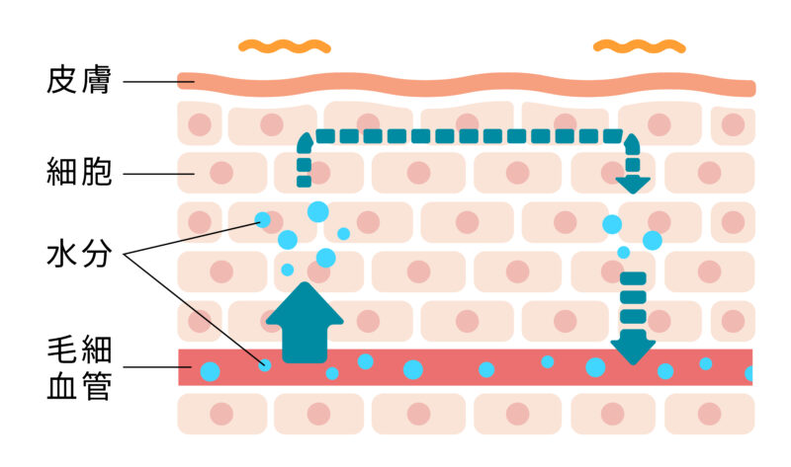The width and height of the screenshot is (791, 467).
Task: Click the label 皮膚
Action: pyautogui.click(x=78, y=80)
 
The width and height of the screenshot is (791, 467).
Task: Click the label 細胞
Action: pyautogui.click(x=78, y=175)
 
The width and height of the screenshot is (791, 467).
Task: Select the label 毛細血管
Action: pyautogui.click(x=78, y=366)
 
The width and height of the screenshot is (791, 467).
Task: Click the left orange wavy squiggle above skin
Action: pyautogui.click(x=284, y=45)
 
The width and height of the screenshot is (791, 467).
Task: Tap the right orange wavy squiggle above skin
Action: pyautogui.click(x=638, y=45)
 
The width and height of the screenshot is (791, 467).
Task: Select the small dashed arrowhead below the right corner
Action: pyautogui.click(x=633, y=183)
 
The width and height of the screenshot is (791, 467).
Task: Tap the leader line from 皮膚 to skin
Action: pyautogui.click(x=152, y=80)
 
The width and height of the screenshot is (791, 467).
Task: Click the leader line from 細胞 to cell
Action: pyautogui.click(x=158, y=175)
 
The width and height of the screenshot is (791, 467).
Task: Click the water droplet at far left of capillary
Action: pyautogui.click(x=210, y=372)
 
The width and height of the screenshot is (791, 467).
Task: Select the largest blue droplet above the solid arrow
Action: pyautogui.click(x=318, y=210)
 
